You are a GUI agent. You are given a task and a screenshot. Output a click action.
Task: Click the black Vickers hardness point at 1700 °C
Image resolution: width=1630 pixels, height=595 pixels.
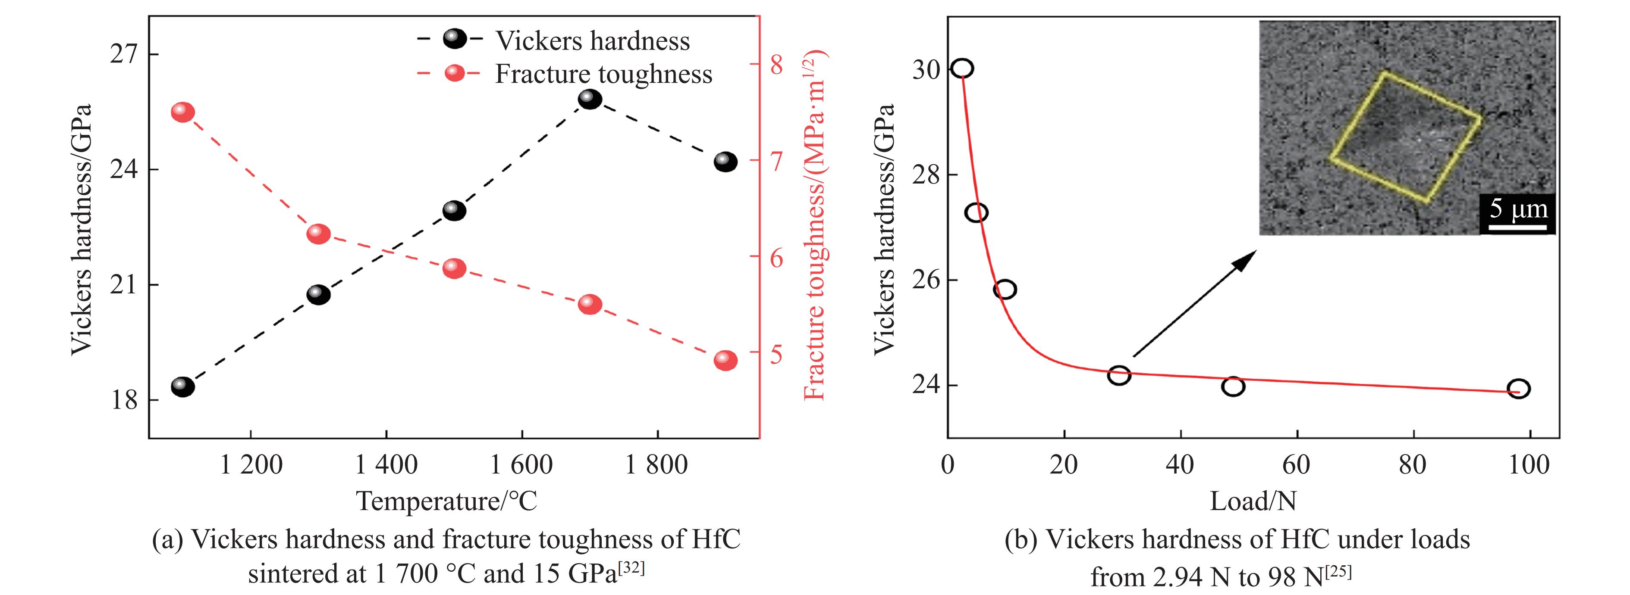point(590,99)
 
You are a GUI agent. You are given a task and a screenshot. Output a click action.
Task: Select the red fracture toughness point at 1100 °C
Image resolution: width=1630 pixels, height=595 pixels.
point(183,112)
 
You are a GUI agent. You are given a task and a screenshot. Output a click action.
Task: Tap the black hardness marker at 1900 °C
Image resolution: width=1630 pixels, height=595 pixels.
point(725,162)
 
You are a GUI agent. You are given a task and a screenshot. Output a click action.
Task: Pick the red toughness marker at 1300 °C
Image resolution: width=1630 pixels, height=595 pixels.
point(318,234)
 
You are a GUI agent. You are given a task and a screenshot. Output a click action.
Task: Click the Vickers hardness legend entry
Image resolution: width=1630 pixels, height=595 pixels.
point(592,41)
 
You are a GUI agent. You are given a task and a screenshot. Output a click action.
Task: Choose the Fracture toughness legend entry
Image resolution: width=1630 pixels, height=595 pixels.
point(603,74)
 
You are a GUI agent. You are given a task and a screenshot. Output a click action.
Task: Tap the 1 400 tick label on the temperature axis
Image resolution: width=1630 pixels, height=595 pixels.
point(386,465)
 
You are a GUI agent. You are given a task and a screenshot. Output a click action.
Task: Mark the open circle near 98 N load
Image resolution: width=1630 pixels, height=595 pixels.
point(1519,388)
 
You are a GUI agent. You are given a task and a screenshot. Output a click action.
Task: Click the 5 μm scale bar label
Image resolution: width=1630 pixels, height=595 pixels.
point(1518,209)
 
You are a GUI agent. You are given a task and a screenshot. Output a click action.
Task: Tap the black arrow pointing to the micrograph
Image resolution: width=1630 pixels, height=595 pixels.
point(1193,303)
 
